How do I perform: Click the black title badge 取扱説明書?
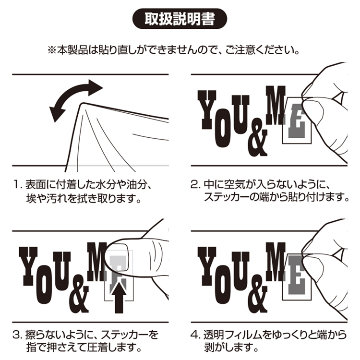[x=180, y=19]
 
